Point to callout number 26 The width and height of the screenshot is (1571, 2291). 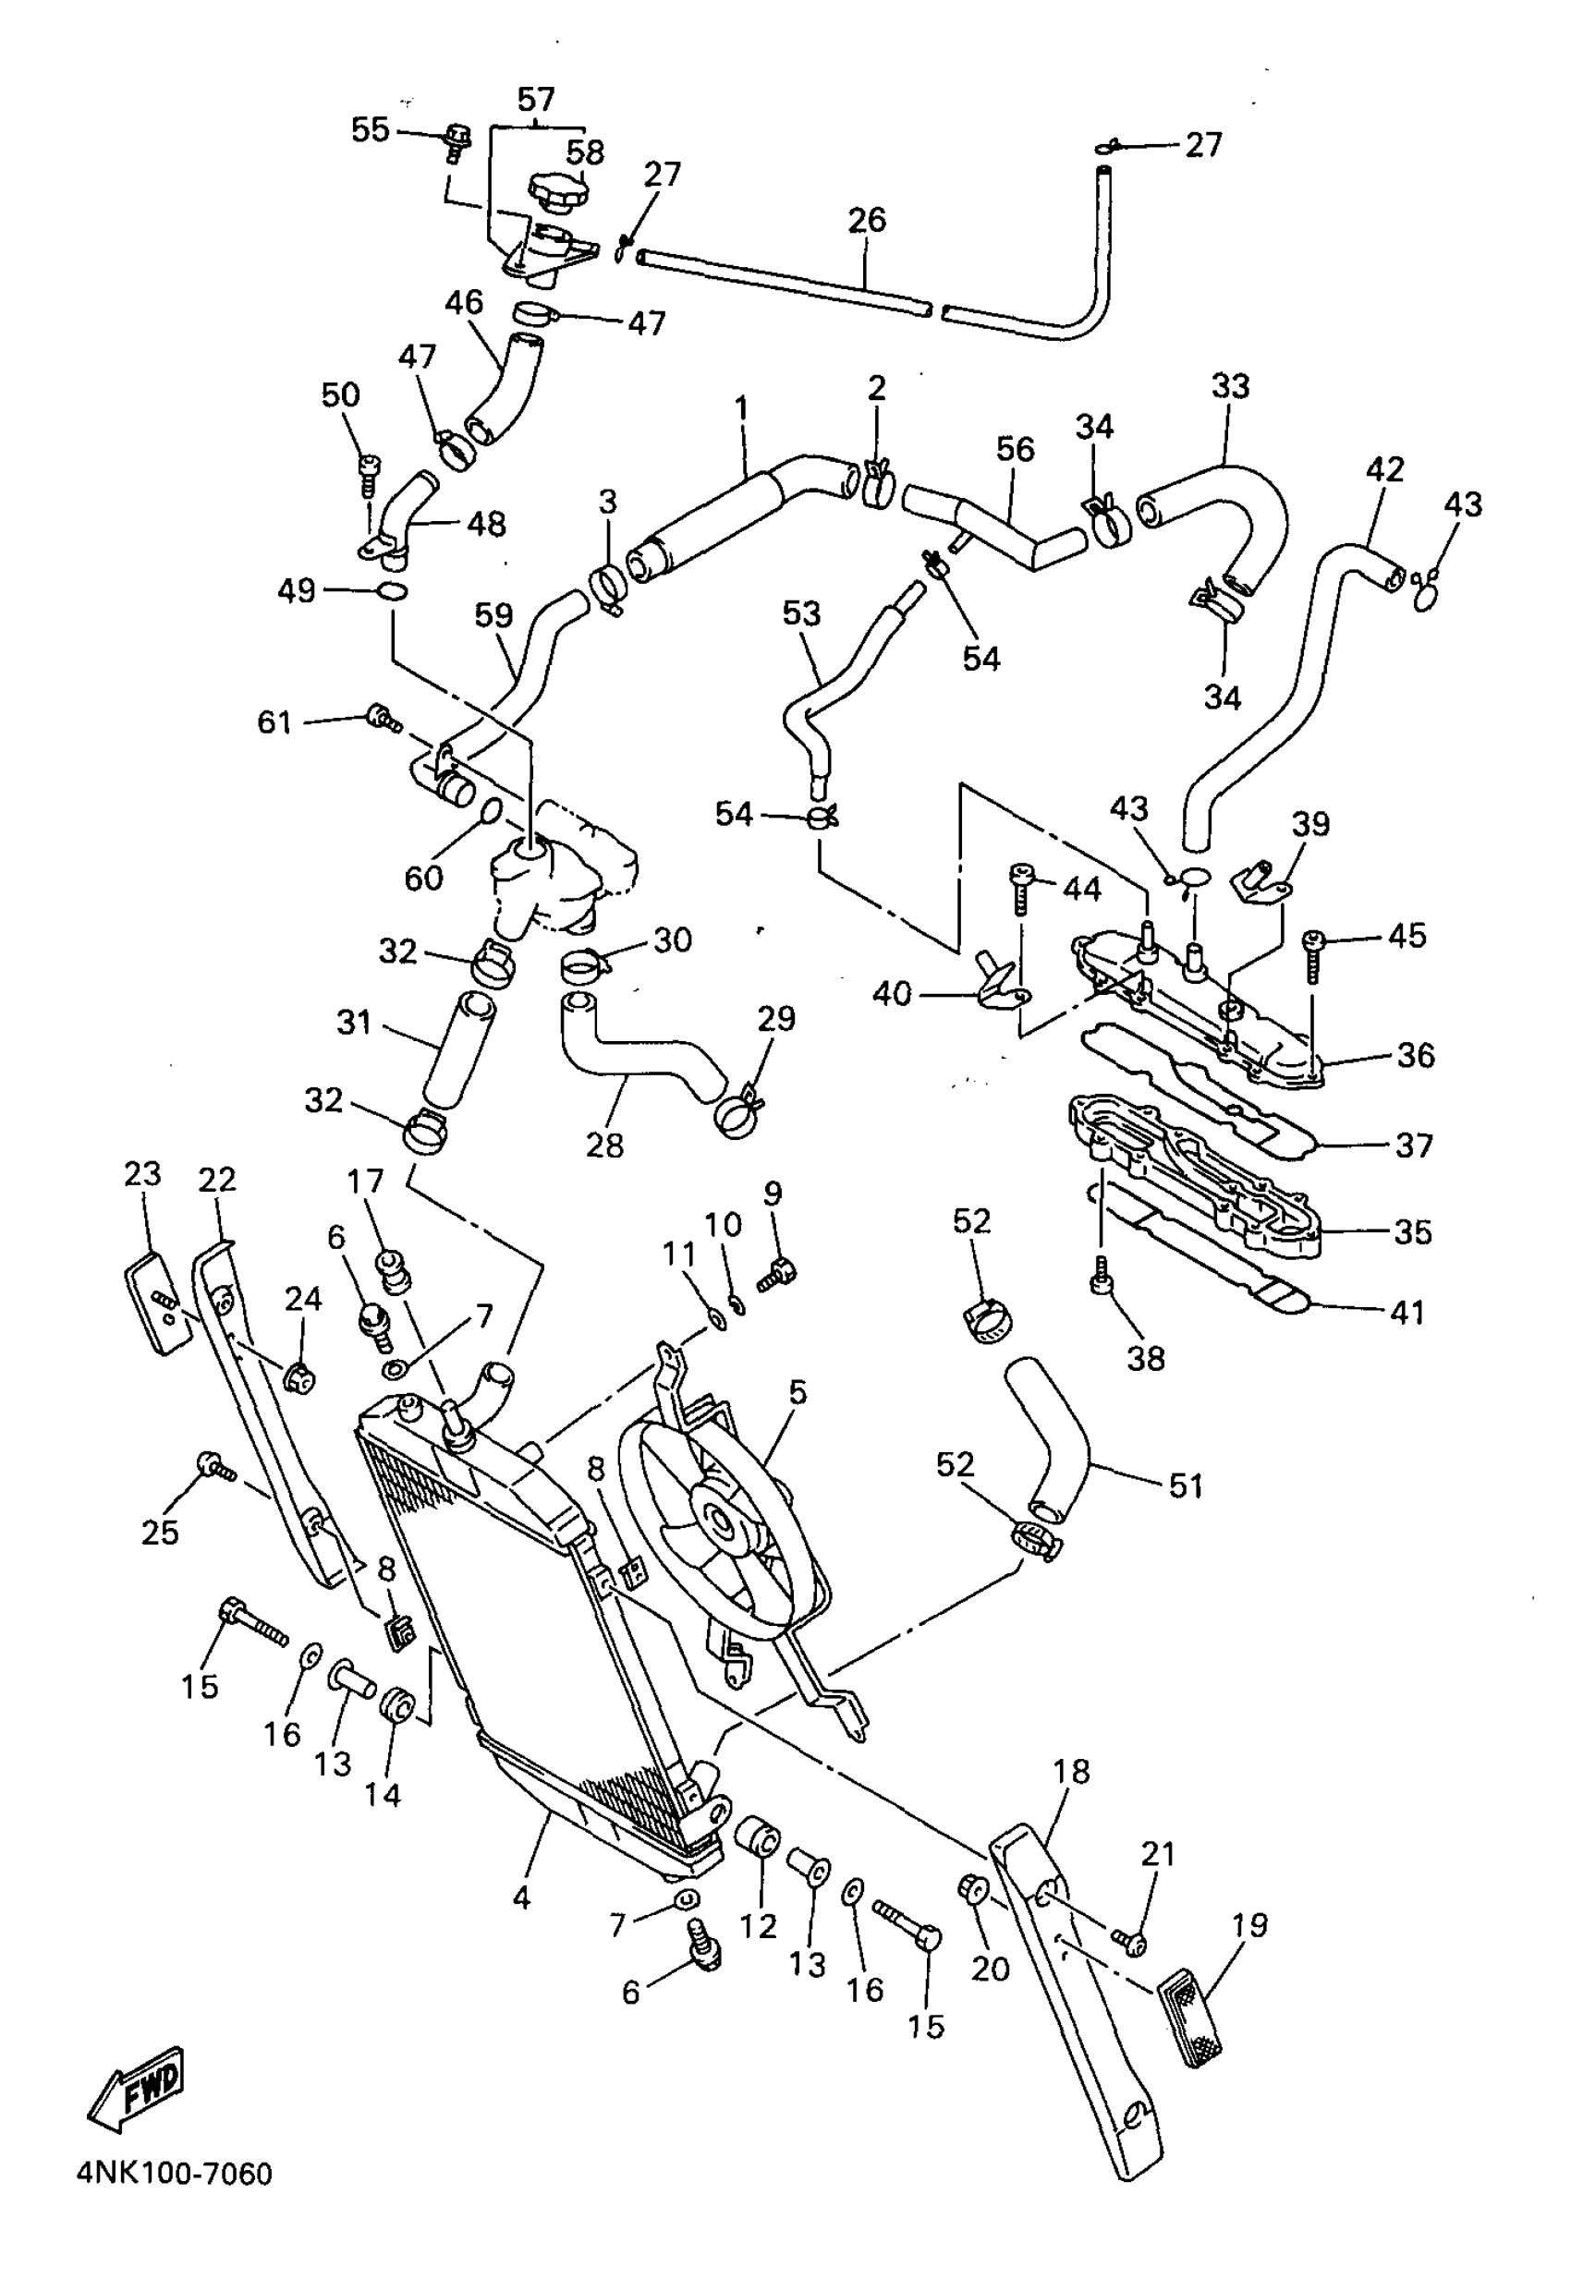866,220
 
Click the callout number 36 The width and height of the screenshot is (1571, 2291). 1415,1056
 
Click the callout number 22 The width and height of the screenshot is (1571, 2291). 217,1179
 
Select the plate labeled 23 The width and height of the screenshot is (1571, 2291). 158,1302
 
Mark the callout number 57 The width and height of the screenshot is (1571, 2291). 537,100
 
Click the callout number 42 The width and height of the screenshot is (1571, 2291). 1384,469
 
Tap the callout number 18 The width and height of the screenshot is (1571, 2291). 1071,1772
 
